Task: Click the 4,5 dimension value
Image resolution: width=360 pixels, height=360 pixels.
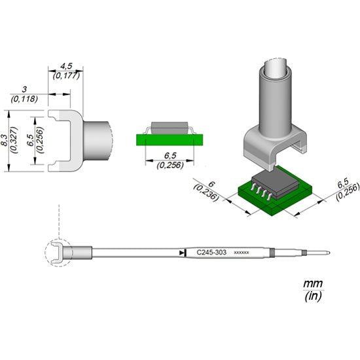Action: [x=66, y=65]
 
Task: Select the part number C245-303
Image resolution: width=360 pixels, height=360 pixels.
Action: [x=211, y=251]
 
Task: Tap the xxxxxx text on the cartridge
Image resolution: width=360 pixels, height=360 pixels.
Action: [x=241, y=252]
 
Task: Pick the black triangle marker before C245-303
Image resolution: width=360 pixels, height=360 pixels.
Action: [x=181, y=252]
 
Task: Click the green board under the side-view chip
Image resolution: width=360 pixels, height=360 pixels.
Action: [x=170, y=138]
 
